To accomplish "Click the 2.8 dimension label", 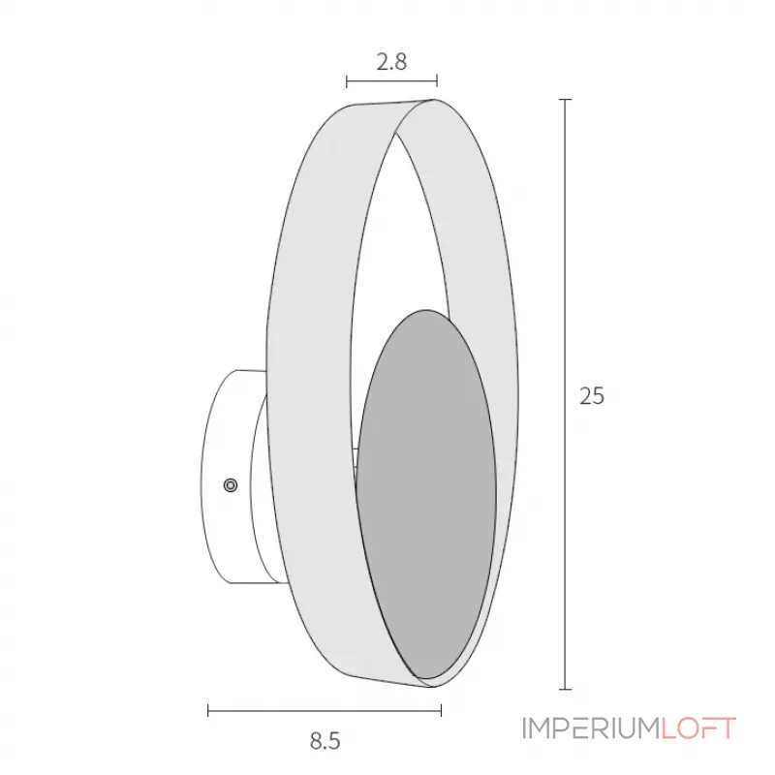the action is coord(391,62).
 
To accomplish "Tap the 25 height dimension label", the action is coord(592,396).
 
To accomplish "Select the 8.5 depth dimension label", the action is coord(325,741).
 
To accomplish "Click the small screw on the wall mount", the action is coord(231,485).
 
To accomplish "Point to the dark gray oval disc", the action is coord(426,494).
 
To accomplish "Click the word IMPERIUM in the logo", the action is coord(592,728).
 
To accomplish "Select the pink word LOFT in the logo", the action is coord(698,728).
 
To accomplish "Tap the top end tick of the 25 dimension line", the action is coord(565,100).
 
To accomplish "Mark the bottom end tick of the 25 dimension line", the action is coord(565,689).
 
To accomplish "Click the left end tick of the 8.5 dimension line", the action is coord(208,711).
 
